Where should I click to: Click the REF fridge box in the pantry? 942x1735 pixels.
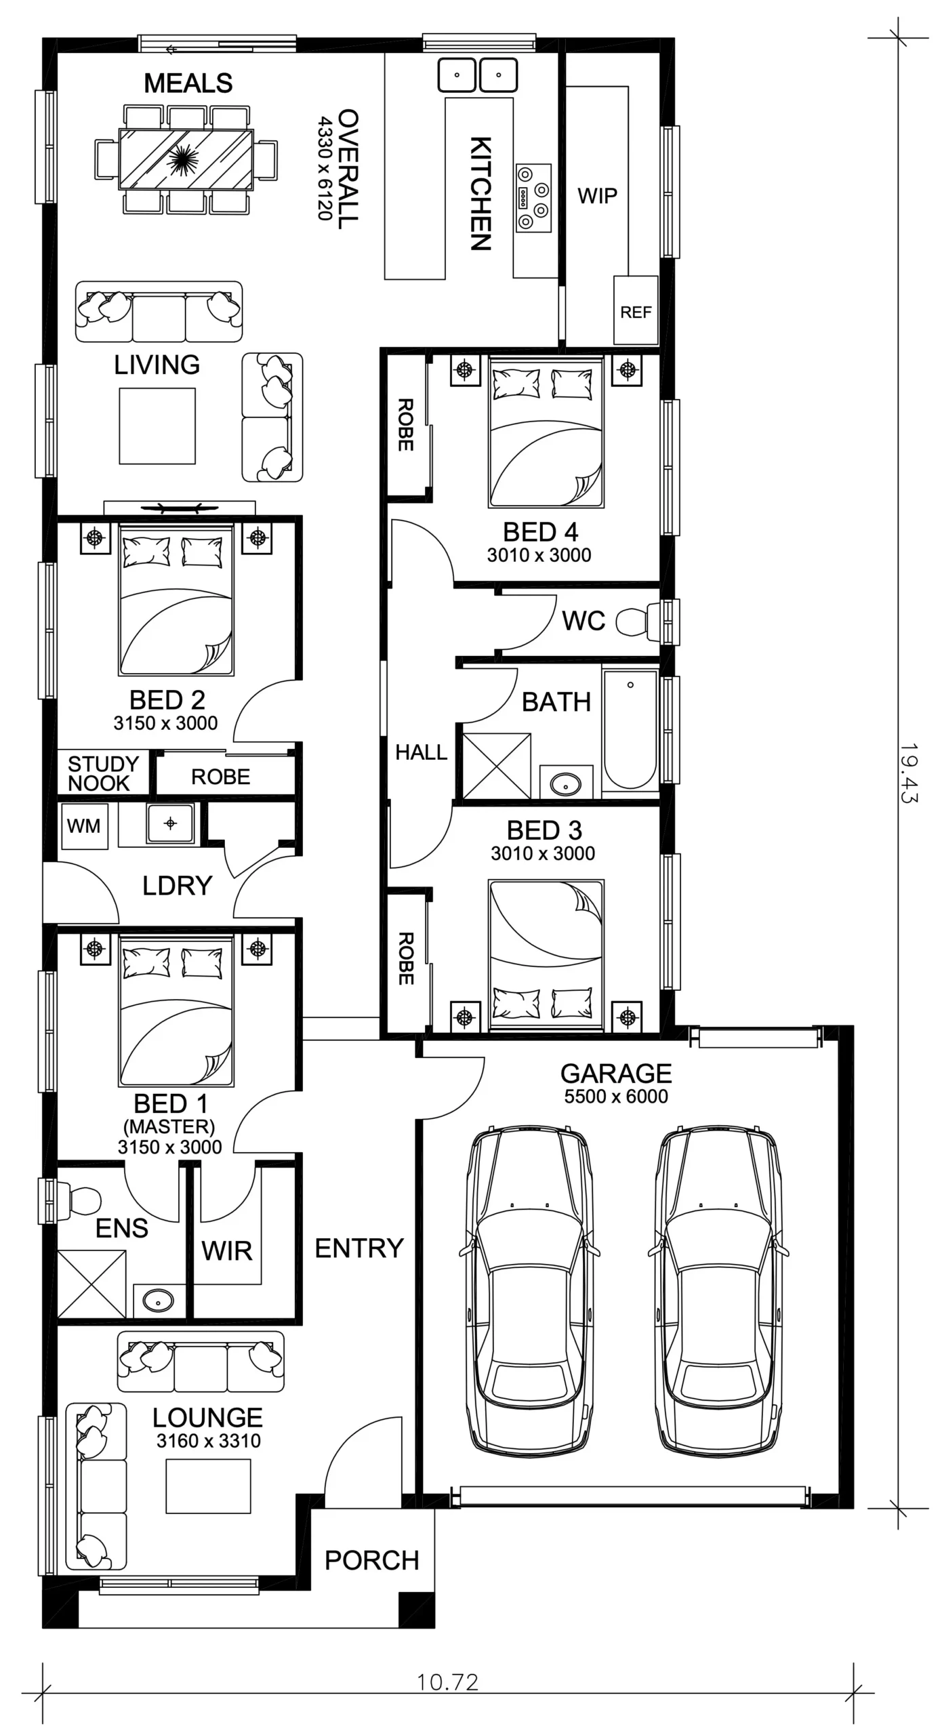click(636, 310)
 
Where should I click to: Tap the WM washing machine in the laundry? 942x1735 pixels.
click(84, 826)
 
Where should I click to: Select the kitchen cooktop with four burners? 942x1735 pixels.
click(533, 197)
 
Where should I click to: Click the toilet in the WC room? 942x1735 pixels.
click(638, 621)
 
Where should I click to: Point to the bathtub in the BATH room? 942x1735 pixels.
click(630, 730)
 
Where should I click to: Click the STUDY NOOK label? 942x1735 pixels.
click(102, 773)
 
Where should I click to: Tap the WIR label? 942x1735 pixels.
click(227, 1250)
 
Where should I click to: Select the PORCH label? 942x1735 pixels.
click(372, 1561)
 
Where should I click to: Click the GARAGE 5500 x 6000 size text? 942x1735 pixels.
click(616, 1097)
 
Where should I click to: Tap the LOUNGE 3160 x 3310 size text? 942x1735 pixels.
click(209, 1441)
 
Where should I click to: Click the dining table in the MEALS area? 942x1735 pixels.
click(186, 159)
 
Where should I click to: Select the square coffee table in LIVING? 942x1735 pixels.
click(157, 426)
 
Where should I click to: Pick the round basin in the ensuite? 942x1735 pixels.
click(159, 1301)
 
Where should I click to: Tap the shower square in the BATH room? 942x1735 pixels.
click(497, 766)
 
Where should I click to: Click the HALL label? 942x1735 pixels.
click(421, 752)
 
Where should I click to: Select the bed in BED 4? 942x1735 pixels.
click(546, 432)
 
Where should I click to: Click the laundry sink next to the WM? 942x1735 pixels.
click(170, 823)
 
